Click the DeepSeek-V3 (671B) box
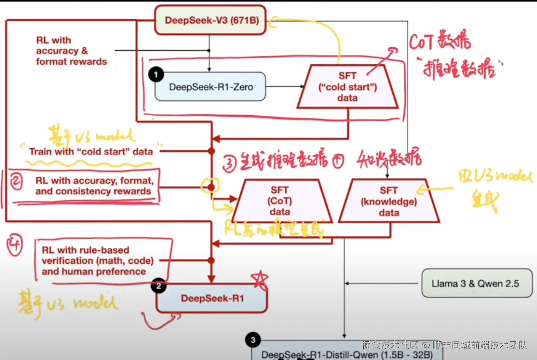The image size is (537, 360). click(x=210, y=20)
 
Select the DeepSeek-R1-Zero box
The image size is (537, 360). click(x=211, y=87)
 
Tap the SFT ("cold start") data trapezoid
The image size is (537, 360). click(x=347, y=87)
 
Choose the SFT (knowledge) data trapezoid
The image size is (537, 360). click(x=389, y=201)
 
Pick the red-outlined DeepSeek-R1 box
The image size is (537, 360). click(x=212, y=298)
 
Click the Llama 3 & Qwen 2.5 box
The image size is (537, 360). click(x=476, y=284)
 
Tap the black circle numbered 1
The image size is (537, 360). click(x=156, y=74)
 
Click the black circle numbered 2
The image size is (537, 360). click(x=159, y=286)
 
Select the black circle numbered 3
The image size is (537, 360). click(x=253, y=340)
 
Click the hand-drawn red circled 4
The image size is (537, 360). click(x=15, y=245)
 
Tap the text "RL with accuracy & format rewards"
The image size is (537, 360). click(x=71, y=51)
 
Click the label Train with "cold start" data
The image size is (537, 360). click(x=91, y=151)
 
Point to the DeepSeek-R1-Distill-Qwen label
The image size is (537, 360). click(x=347, y=355)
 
